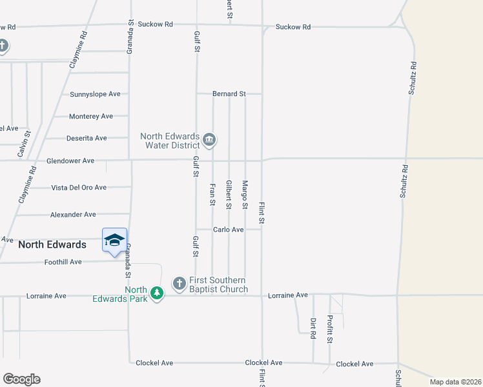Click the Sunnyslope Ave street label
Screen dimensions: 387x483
point(95,94)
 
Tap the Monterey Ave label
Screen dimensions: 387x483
point(91,116)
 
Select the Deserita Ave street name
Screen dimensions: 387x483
point(87,138)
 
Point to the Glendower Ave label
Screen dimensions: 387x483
point(70,161)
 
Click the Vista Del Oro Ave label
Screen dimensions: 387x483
point(79,188)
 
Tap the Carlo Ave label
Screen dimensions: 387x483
point(229,230)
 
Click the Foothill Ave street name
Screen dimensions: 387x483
point(63,262)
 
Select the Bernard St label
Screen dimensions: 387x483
point(229,94)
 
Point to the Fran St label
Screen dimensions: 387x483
point(212,194)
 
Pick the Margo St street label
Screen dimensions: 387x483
point(245,194)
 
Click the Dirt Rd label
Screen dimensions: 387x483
point(313,328)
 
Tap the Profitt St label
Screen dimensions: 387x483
point(329,329)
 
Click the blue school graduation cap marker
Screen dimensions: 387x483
point(114,241)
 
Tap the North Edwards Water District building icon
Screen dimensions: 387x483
point(209,139)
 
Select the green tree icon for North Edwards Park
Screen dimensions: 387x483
point(156,294)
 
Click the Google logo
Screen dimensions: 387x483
point(21,379)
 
